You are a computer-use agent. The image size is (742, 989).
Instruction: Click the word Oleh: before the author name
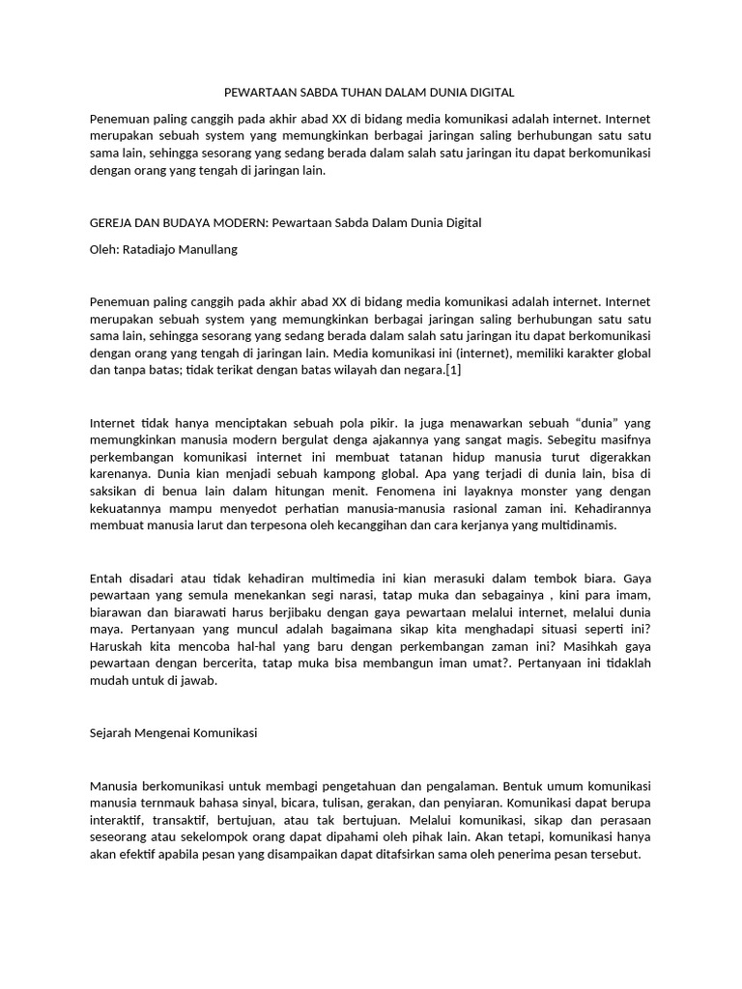pos(103,249)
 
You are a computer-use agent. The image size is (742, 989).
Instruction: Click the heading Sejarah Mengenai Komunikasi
pos(173,733)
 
